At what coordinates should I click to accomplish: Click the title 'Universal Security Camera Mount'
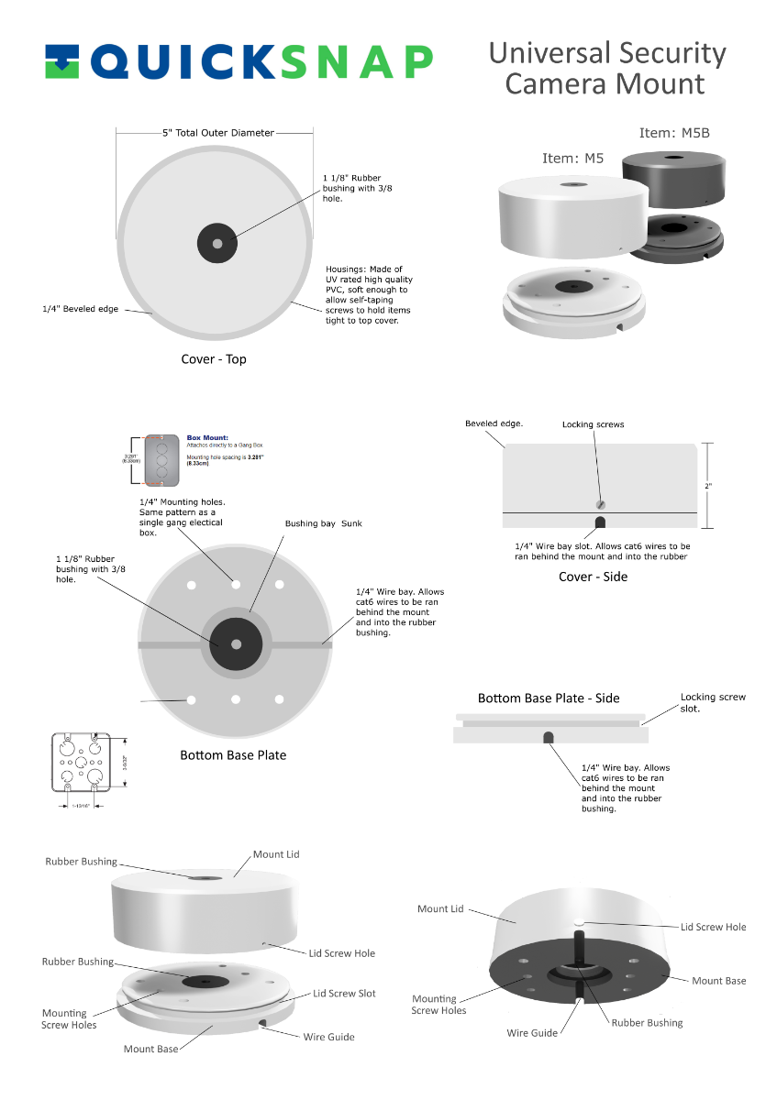coord(606,68)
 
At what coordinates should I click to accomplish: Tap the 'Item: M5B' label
coord(674,133)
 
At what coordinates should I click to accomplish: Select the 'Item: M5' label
coord(572,158)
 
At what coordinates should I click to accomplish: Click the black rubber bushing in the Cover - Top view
coord(217,244)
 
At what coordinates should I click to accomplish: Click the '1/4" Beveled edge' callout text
coord(81,310)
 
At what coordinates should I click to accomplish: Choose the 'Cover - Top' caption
coord(213,359)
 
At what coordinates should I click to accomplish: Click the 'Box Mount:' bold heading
coord(207,438)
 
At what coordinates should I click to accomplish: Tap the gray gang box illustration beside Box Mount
coord(161,459)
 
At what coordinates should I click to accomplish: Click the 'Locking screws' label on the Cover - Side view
coord(593,425)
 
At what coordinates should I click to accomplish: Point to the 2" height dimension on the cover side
coord(708,486)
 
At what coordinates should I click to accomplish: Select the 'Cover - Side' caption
coord(593,577)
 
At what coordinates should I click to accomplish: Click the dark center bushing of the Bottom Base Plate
coord(236,643)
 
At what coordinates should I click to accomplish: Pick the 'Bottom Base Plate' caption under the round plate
coord(233,755)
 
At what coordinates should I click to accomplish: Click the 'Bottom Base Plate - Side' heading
coord(549,698)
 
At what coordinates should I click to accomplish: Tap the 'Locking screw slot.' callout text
coord(713,702)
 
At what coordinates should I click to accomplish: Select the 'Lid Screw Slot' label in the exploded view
coord(344,994)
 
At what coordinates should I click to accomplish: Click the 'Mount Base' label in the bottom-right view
coord(718,981)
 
